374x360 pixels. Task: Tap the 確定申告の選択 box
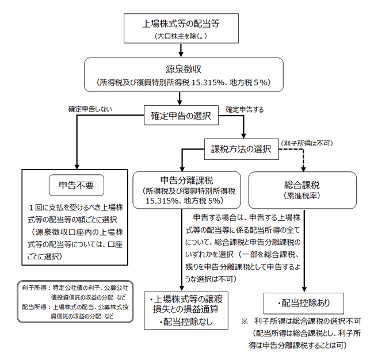click(x=181, y=115)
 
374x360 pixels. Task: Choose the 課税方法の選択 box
click(x=240, y=148)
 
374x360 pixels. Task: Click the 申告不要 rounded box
click(x=77, y=185)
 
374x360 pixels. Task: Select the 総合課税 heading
click(x=305, y=185)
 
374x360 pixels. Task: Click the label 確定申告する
click(x=245, y=109)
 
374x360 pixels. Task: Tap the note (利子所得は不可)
click(x=307, y=143)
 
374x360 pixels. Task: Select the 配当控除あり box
click(x=304, y=301)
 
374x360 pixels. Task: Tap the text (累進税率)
click(x=305, y=195)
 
